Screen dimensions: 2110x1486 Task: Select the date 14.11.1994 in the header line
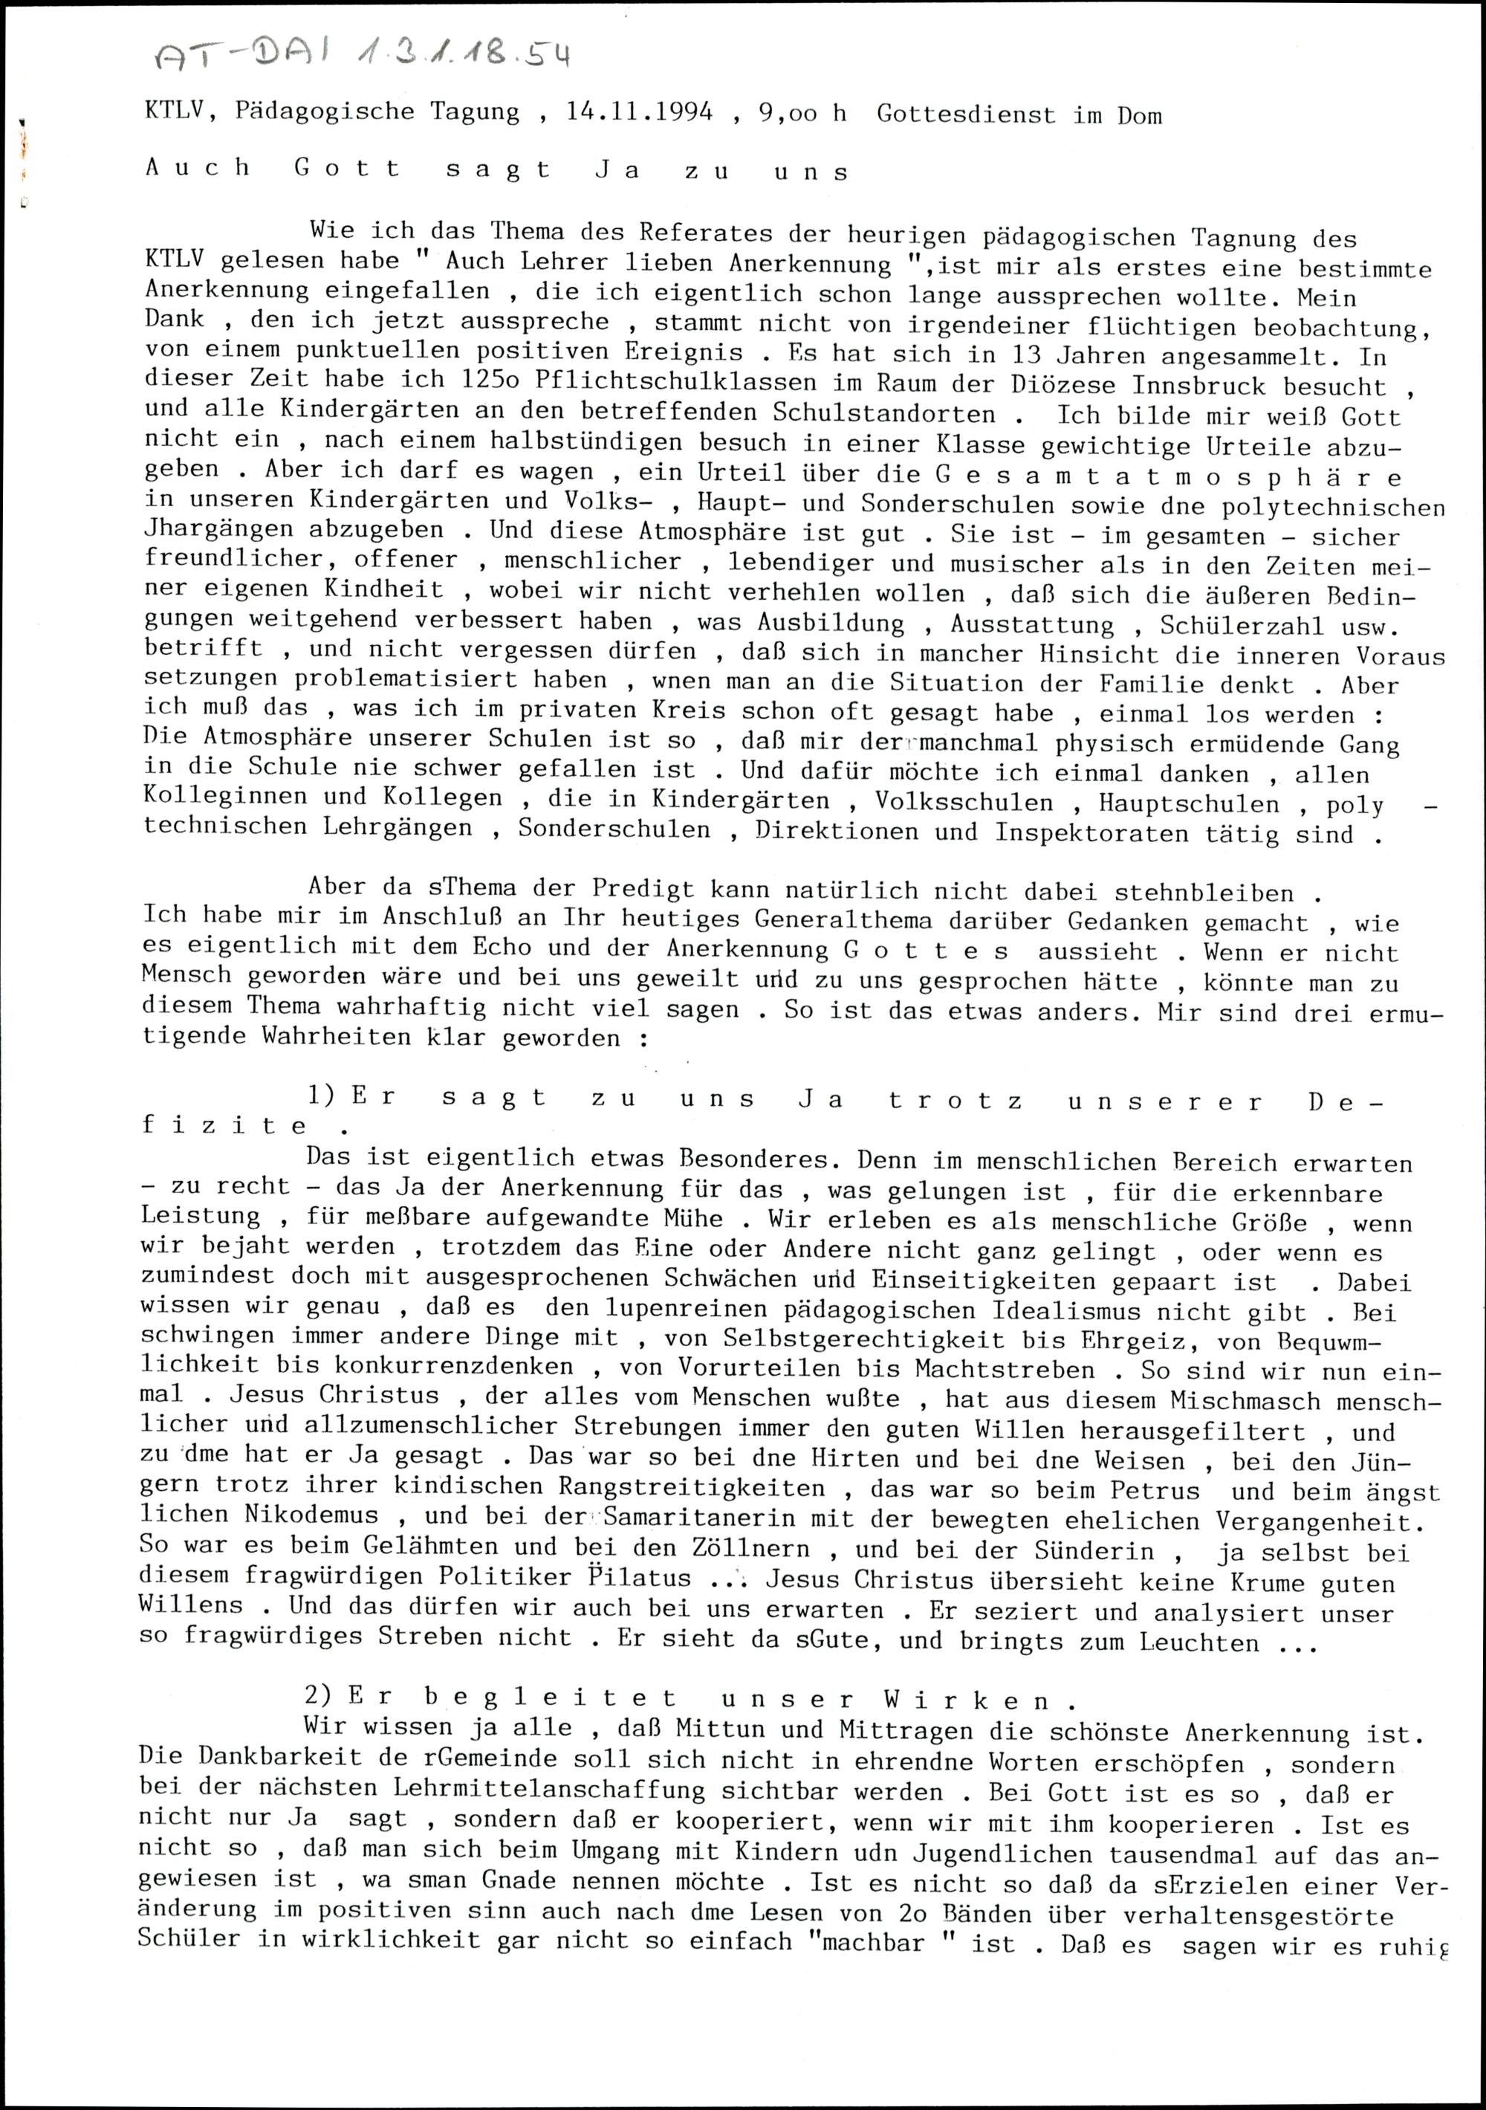click(x=639, y=113)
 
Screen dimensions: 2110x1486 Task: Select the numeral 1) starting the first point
click(x=323, y=1096)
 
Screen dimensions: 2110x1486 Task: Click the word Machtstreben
click(x=1005, y=1370)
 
